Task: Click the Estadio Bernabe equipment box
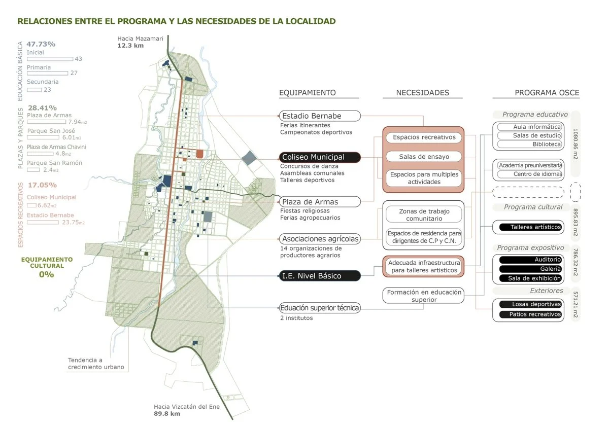click(x=320, y=116)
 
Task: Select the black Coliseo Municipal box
click(x=320, y=157)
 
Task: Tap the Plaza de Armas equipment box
click(x=320, y=202)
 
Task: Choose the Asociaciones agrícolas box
click(x=320, y=239)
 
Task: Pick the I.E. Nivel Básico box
click(x=320, y=276)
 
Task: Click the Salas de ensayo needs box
click(x=424, y=157)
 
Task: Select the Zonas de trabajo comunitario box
click(x=424, y=214)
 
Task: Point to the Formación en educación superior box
click(x=424, y=296)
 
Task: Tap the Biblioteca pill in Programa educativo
click(x=530, y=145)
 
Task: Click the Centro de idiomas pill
click(x=530, y=174)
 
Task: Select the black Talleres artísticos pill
click(x=530, y=227)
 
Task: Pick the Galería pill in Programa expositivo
click(x=530, y=269)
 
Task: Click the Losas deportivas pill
click(x=530, y=304)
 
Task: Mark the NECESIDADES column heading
click(x=422, y=93)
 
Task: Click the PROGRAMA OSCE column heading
click(x=547, y=93)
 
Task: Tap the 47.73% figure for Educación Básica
click(x=41, y=44)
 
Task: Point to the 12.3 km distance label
click(x=130, y=46)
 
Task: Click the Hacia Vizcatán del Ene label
click(x=187, y=407)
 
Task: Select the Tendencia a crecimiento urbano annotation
click(x=96, y=364)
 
